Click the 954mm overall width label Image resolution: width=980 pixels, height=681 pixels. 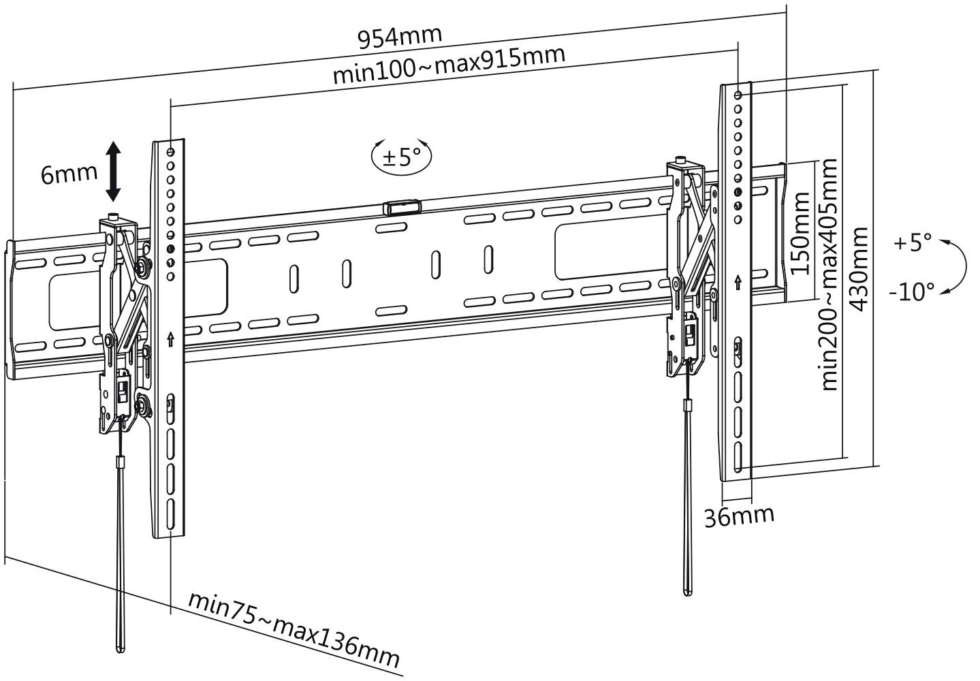click(x=400, y=36)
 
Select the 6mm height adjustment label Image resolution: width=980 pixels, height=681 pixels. click(x=69, y=174)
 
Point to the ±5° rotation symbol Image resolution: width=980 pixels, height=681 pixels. click(x=402, y=156)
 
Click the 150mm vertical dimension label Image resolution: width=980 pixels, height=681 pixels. click(x=802, y=232)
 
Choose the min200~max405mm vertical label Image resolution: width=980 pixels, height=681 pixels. click(x=829, y=274)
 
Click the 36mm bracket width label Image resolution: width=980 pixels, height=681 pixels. click(x=739, y=516)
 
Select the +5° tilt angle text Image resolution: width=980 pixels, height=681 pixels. click(x=912, y=243)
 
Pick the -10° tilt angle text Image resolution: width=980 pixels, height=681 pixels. click(x=911, y=292)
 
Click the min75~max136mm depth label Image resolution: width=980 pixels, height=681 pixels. click(x=294, y=630)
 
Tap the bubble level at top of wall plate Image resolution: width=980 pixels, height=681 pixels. click(x=402, y=207)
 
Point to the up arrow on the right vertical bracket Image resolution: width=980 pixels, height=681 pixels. click(x=738, y=281)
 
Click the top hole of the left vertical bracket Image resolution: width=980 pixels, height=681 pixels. click(x=170, y=151)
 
